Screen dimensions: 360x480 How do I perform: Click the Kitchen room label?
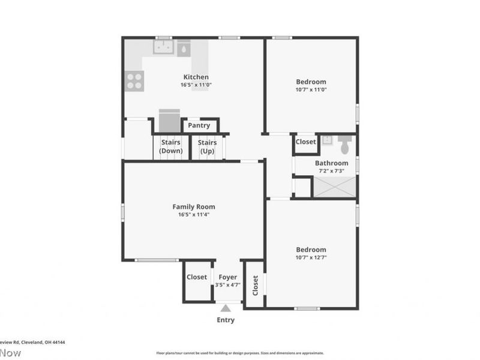(196, 77)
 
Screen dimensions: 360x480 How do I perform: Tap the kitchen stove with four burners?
(134, 80)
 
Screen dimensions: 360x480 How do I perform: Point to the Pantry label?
(199, 125)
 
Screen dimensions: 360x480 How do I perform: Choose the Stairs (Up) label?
(208, 146)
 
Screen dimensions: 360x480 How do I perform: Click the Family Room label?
(193, 207)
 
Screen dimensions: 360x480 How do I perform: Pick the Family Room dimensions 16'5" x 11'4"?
(193, 214)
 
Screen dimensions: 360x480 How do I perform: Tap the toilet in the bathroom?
(345, 145)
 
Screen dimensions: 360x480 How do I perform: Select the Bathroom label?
(332, 163)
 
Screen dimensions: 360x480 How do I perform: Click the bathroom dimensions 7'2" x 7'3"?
(332, 170)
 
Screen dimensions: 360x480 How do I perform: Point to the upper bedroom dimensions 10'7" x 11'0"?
(311, 89)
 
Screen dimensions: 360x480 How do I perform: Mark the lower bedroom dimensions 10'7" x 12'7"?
(311, 257)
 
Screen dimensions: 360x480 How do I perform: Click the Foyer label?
(227, 277)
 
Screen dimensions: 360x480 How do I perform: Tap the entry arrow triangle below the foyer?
(226, 308)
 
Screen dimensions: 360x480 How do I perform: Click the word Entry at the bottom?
(226, 320)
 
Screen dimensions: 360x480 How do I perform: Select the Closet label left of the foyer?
(197, 277)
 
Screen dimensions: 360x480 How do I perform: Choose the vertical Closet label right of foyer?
(256, 285)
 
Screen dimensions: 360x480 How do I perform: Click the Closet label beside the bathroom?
(305, 142)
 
